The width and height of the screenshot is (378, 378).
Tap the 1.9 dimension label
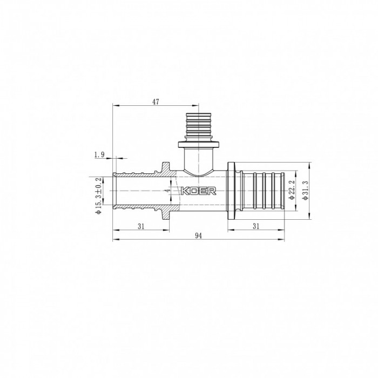(x=99, y=155)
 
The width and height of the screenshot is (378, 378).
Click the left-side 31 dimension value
(x=140, y=226)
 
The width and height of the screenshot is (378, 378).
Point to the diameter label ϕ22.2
(x=292, y=191)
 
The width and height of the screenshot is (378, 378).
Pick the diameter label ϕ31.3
(x=306, y=191)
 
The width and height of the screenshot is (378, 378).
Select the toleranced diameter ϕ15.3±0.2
(x=98, y=196)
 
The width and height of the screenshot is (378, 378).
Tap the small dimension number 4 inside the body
(x=168, y=190)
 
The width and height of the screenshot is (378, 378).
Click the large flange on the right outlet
(x=232, y=190)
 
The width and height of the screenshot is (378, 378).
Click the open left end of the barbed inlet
(x=113, y=190)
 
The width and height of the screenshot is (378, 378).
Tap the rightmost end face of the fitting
(x=284, y=191)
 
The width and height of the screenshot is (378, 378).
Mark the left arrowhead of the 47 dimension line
(x=114, y=106)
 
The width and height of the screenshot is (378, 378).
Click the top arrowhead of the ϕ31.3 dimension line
(x=309, y=163)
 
